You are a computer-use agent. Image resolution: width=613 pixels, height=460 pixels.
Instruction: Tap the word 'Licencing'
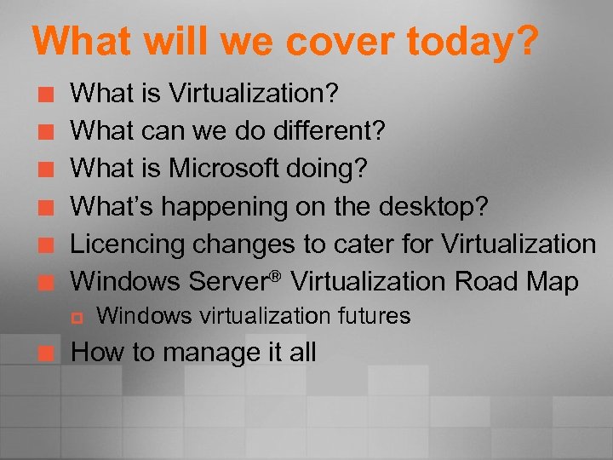[127, 244]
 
